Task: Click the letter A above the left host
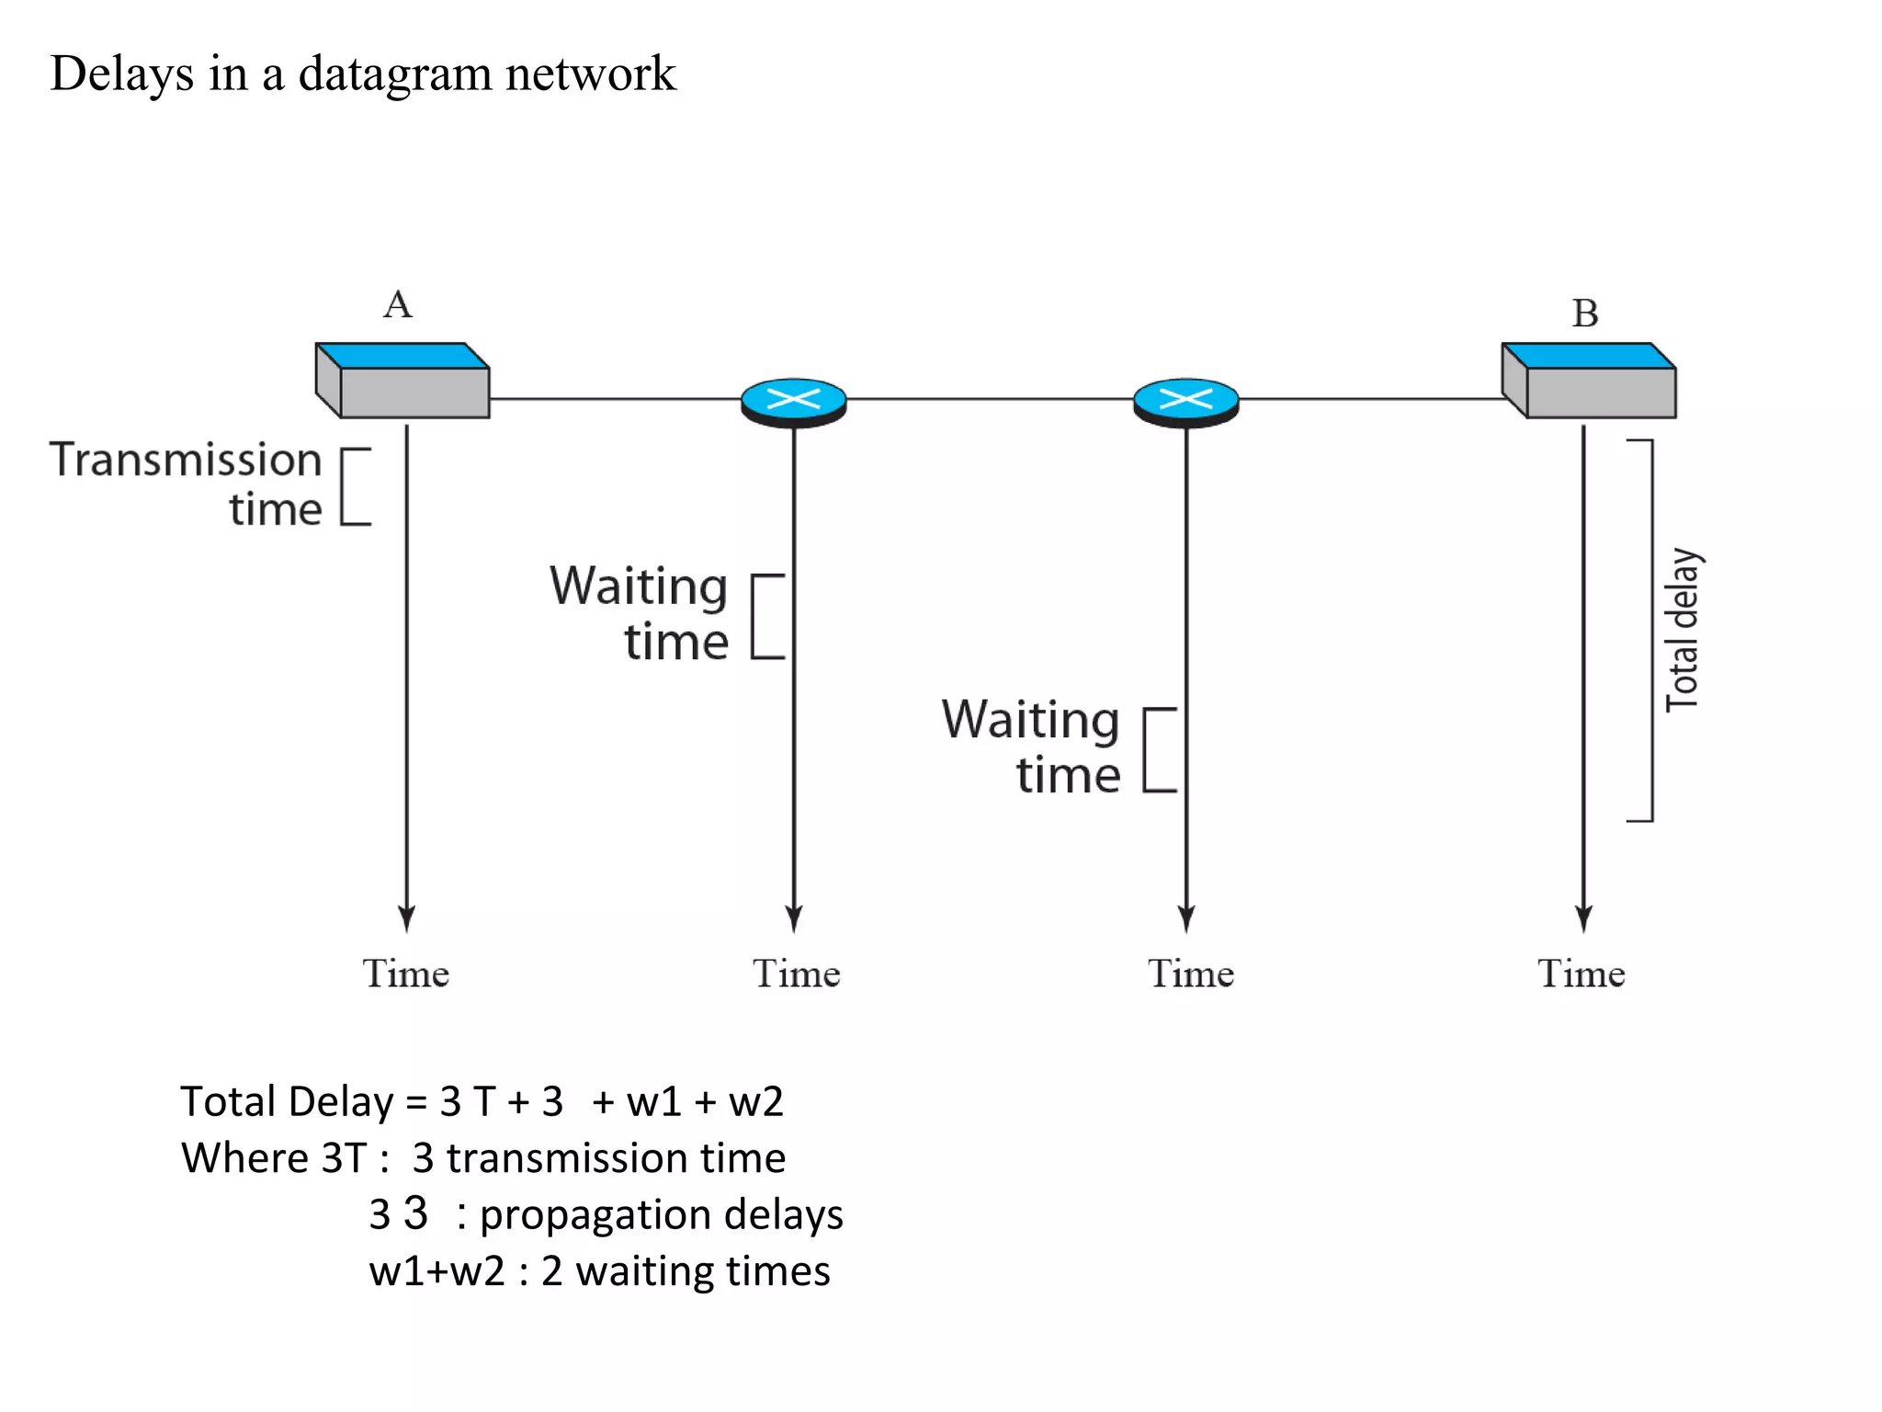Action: click(x=398, y=304)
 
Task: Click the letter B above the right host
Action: click(x=1585, y=313)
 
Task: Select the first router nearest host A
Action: click(x=794, y=402)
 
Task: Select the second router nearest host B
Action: click(x=1186, y=402)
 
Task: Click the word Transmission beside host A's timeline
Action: click(x=186, y=460)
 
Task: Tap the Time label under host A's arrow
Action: click(x=406, y=974)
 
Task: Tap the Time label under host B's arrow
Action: click(x=1582, y=974)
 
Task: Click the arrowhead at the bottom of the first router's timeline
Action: click(x=794, y=919)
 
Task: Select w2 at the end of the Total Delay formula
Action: click(x=755, y=1101)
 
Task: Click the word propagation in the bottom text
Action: click(x=595, y=1215)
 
